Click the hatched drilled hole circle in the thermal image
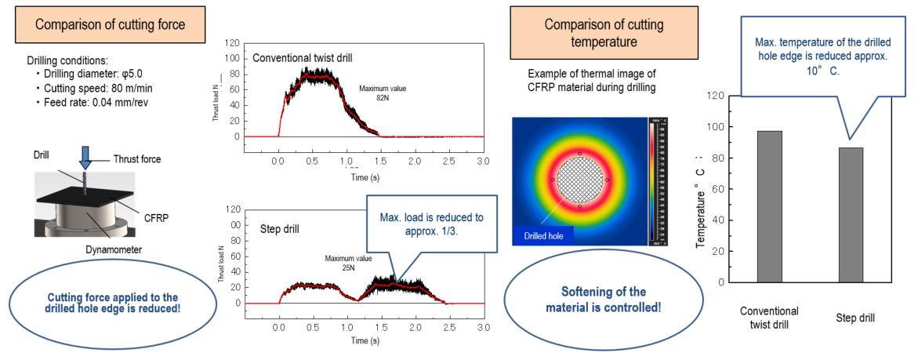click(579, 180)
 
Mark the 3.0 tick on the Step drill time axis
click(483, 325)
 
